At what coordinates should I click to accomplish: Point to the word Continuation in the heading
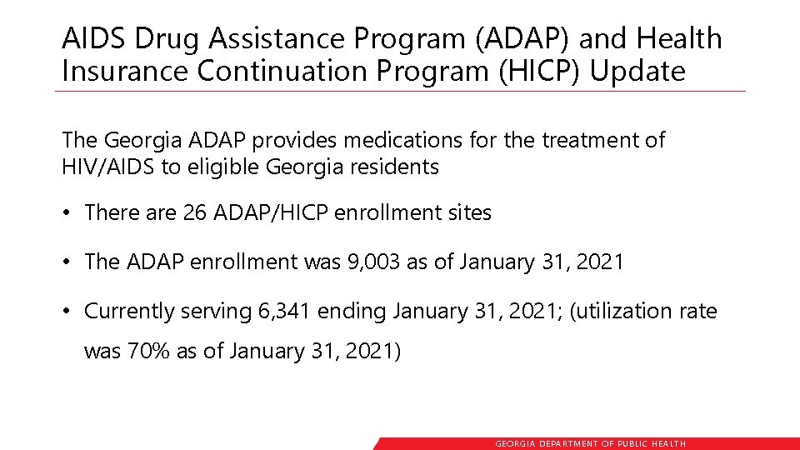coord(283,72)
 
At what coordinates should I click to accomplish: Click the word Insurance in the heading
coord(126,72)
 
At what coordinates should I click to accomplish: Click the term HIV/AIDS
coord(109,167)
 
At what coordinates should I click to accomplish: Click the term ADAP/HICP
coord(271,213)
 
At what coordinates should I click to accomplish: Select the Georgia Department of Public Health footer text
coord(591,444)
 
